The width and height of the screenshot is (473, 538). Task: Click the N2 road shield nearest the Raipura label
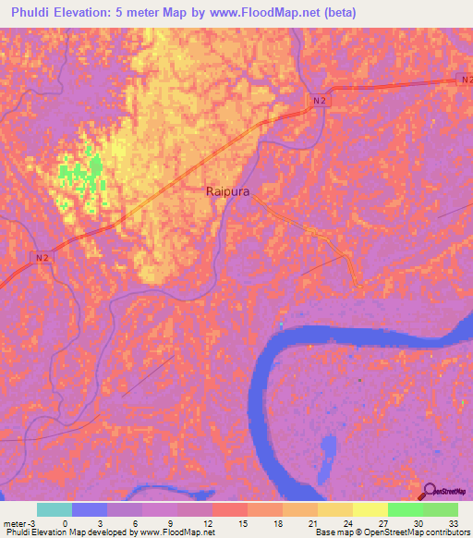[319, 100]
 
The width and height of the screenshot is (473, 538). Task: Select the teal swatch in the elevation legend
[54, 509]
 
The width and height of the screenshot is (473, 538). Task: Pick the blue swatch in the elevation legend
[89, 509]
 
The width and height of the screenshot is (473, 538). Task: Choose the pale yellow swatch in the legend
[370, 509]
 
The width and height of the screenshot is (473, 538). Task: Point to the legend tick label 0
[65, 523]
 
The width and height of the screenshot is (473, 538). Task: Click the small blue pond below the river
[327, 450]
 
